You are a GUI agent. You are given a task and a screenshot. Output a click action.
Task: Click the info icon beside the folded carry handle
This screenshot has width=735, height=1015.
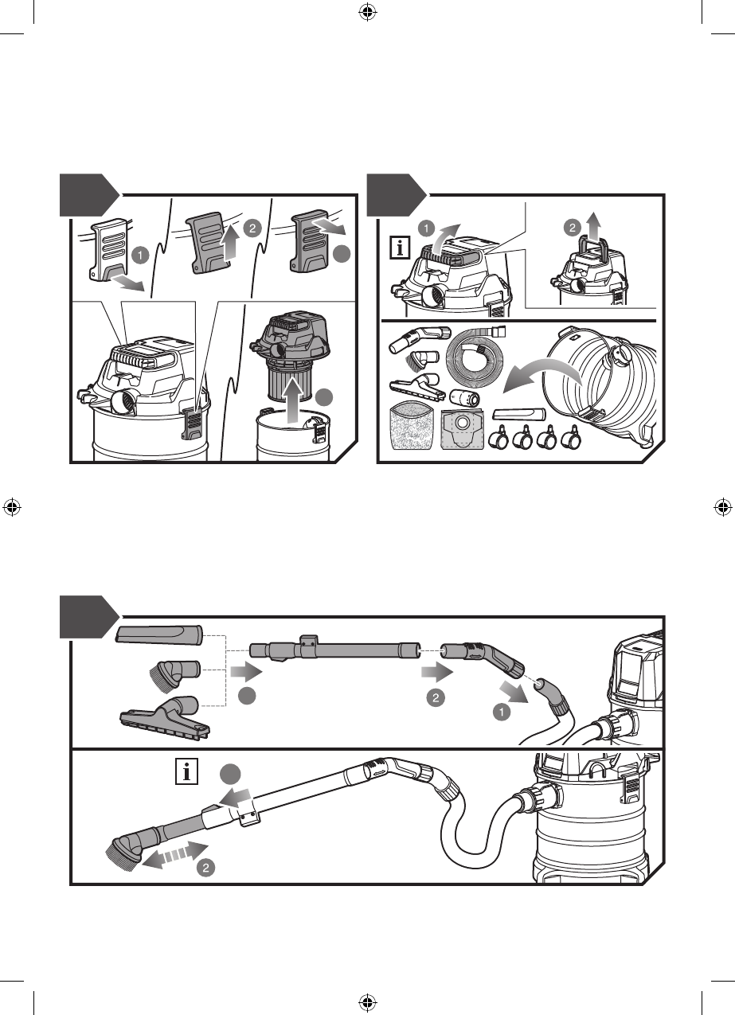tap(400, 248)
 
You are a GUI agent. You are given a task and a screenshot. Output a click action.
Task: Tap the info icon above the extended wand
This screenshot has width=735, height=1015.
tap(186, 772)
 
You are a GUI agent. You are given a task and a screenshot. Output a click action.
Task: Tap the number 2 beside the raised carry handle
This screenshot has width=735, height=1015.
tap(573, 228)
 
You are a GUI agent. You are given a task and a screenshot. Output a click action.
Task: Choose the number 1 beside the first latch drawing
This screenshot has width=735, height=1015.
tap(140, 256)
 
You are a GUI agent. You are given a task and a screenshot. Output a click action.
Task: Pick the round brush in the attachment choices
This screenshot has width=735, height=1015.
tap(174, 676)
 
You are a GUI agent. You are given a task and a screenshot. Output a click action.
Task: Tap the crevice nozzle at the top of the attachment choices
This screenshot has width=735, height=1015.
tap(159, 634)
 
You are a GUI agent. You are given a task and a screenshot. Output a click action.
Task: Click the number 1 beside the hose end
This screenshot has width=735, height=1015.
tap(502, 712)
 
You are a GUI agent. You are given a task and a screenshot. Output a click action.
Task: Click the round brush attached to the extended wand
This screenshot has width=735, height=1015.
tap(124, 852)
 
